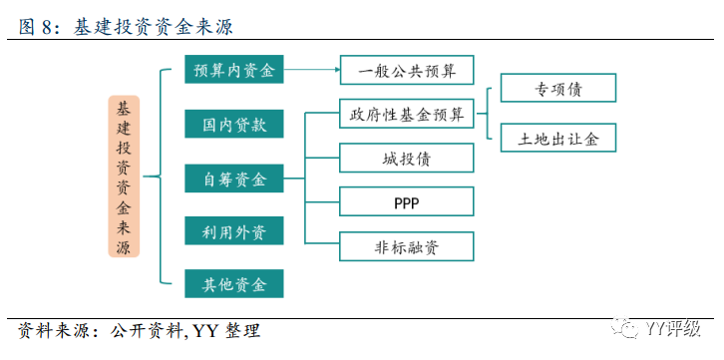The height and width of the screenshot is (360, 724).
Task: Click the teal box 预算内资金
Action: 234,69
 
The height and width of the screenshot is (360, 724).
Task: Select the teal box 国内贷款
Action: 234,124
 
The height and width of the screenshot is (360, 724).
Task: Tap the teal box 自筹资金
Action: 234,179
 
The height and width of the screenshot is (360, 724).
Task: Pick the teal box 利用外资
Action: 234,230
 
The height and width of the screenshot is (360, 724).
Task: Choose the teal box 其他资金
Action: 234,283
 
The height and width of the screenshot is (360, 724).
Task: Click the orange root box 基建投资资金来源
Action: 124,177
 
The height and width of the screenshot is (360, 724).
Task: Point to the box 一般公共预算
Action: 407,70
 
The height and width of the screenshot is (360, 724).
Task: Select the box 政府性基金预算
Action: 407,114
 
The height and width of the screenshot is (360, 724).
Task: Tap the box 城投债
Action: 407,158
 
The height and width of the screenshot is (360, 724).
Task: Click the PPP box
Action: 407,201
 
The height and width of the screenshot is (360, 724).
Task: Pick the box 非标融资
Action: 407,246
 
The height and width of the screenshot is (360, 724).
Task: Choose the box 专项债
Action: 558,88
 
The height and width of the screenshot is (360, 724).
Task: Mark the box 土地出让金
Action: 558,138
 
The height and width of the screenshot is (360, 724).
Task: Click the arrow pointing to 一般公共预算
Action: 312,70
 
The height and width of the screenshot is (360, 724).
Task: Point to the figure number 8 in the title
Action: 45,27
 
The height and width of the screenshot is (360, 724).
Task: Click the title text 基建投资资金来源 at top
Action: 153,27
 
